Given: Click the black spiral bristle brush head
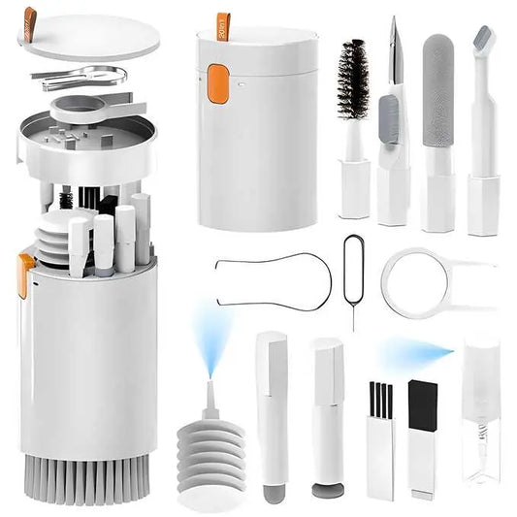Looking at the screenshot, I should (x=352, y=81).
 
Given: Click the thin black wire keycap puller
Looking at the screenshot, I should (x=272, y=281).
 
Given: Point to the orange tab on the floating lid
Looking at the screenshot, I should (x=30, y=20).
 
